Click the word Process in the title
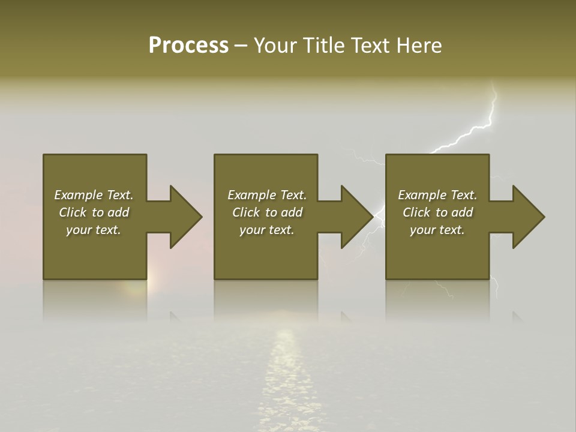point(188,46)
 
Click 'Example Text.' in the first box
point(94,195)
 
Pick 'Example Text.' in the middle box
point(266,195)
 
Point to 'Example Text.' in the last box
point(437,195)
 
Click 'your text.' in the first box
point(94,230)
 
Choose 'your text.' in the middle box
point(266,230)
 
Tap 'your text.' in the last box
point(437,230)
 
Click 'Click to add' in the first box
point(94,212)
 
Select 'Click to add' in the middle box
point(266,212)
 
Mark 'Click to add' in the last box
point(437,212)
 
